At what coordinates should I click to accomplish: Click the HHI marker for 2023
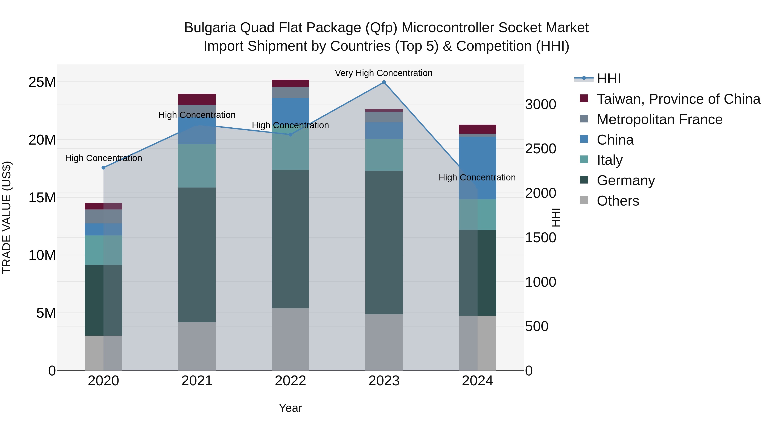click(384, 82)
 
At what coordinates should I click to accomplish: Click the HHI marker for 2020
click(103, 168)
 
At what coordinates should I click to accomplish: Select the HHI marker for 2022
click(290, 135)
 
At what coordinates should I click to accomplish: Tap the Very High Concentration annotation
click(383, 73)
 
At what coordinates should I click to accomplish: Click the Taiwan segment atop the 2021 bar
click(197, 99)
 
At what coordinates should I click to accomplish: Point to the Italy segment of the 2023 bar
click(384, 155)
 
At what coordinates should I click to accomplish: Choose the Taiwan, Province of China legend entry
click(678, 99)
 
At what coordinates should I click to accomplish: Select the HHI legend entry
click(608, 79)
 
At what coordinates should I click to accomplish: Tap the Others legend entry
click(618, 201)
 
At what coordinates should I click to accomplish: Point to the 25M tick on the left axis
click(42, 82)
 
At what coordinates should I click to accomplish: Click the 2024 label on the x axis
click(477, 381)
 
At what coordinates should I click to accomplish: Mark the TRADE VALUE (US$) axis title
click(7, 217)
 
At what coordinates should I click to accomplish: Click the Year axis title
click(290, 408)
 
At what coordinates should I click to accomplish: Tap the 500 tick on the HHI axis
click(537, 326)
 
